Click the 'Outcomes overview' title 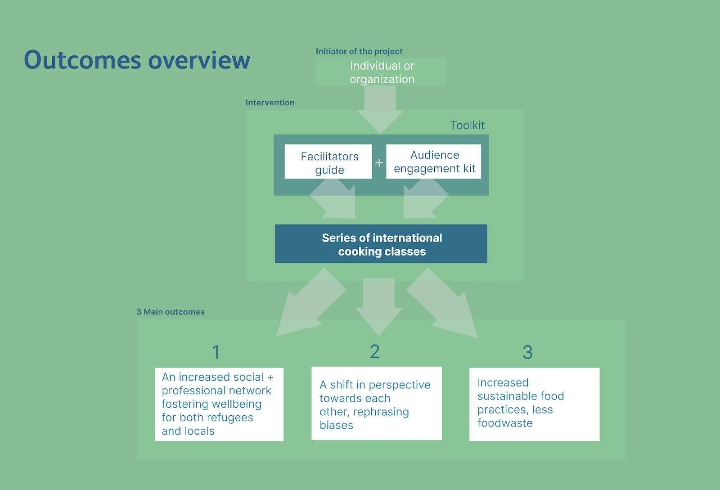click(x=137, y=60)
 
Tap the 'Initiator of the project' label click(x=359, y=51)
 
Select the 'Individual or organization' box click(x=381, y=72)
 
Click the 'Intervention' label click(x=270, y=103)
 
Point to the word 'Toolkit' click(x=467, y=125)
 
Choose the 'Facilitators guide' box click(x=328, y=162)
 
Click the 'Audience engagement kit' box click(x=434, y=161)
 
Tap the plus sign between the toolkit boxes click(x=379, y=162)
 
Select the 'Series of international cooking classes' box click(x=381, y=244)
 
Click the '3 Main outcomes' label click(x=171, y=312)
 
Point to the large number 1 click(x=216, y=352)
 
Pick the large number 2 click(x=375, y=351)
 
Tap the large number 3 click(x=527, y=352)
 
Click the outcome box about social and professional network click(x=219, y=404)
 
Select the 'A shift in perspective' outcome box click(x=376, y=403)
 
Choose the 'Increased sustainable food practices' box click(x=534, y=404)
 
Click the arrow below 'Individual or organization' click(x=380, y=109)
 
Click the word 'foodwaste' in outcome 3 click(x=504, y=423)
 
